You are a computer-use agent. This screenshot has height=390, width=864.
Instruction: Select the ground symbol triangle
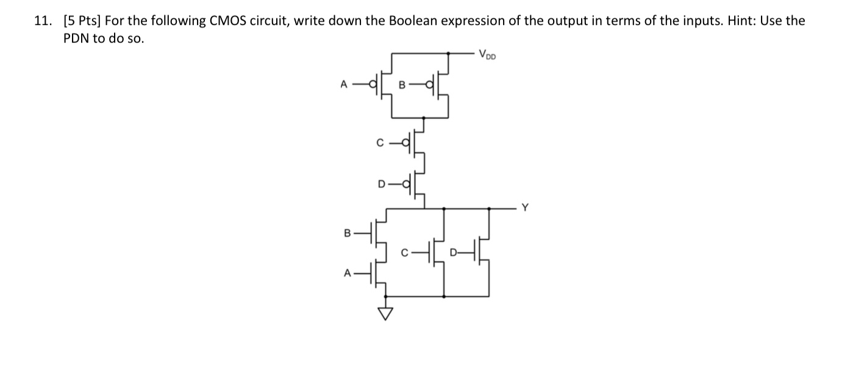click(385, 313)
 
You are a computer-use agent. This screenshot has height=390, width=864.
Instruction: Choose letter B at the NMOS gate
click(347, 233)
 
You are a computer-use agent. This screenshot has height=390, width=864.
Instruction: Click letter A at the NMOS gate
click(347, 274)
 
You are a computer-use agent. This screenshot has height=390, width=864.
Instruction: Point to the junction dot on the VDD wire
click(449, 53)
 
